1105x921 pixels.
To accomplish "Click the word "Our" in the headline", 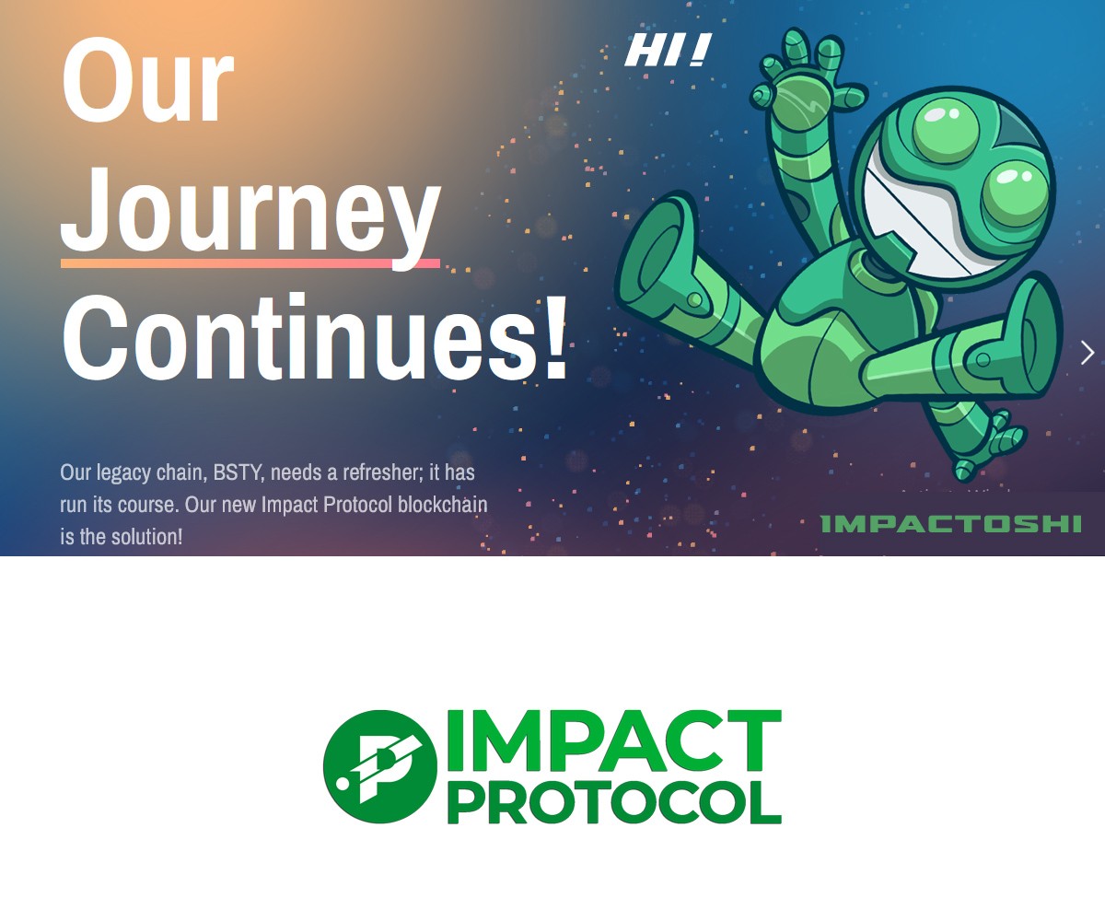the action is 147,79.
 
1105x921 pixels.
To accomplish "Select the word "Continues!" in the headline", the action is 315,337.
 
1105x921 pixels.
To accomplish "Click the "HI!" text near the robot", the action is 669,49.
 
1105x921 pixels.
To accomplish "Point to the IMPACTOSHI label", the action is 950,524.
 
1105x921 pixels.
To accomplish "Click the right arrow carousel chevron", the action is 1087,353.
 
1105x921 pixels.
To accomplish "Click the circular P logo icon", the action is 380,766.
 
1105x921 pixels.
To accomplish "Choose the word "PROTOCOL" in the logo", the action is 614,802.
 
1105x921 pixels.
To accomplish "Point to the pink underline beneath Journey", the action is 250,263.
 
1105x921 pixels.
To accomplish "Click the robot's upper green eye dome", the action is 947,130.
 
